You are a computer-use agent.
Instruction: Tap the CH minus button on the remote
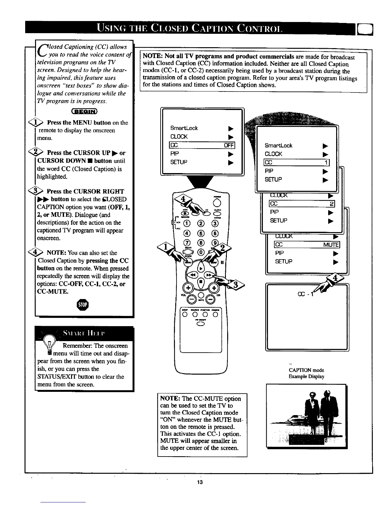coord(210,299)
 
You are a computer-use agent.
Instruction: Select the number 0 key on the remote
coord(201,252)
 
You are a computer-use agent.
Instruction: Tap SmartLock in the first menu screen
coord(184,128)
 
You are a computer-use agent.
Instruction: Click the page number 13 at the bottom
coord(200,482)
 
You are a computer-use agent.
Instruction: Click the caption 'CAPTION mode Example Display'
coord(306,373)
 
